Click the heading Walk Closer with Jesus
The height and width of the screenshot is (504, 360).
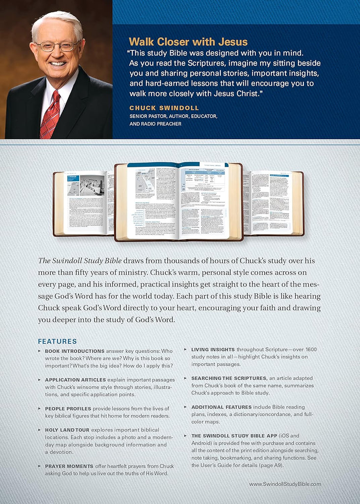[188, 42]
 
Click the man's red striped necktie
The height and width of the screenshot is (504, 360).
[50, 114]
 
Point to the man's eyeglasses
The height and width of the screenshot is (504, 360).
[57, 46]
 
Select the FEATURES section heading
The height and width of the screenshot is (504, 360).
[58, 341]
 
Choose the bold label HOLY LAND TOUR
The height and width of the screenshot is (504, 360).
[67, 430]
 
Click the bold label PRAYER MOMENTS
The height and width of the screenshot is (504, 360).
[69, 466]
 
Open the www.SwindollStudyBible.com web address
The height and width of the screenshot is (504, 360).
[285, 484]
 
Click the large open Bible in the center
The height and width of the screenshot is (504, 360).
[179, 202]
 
